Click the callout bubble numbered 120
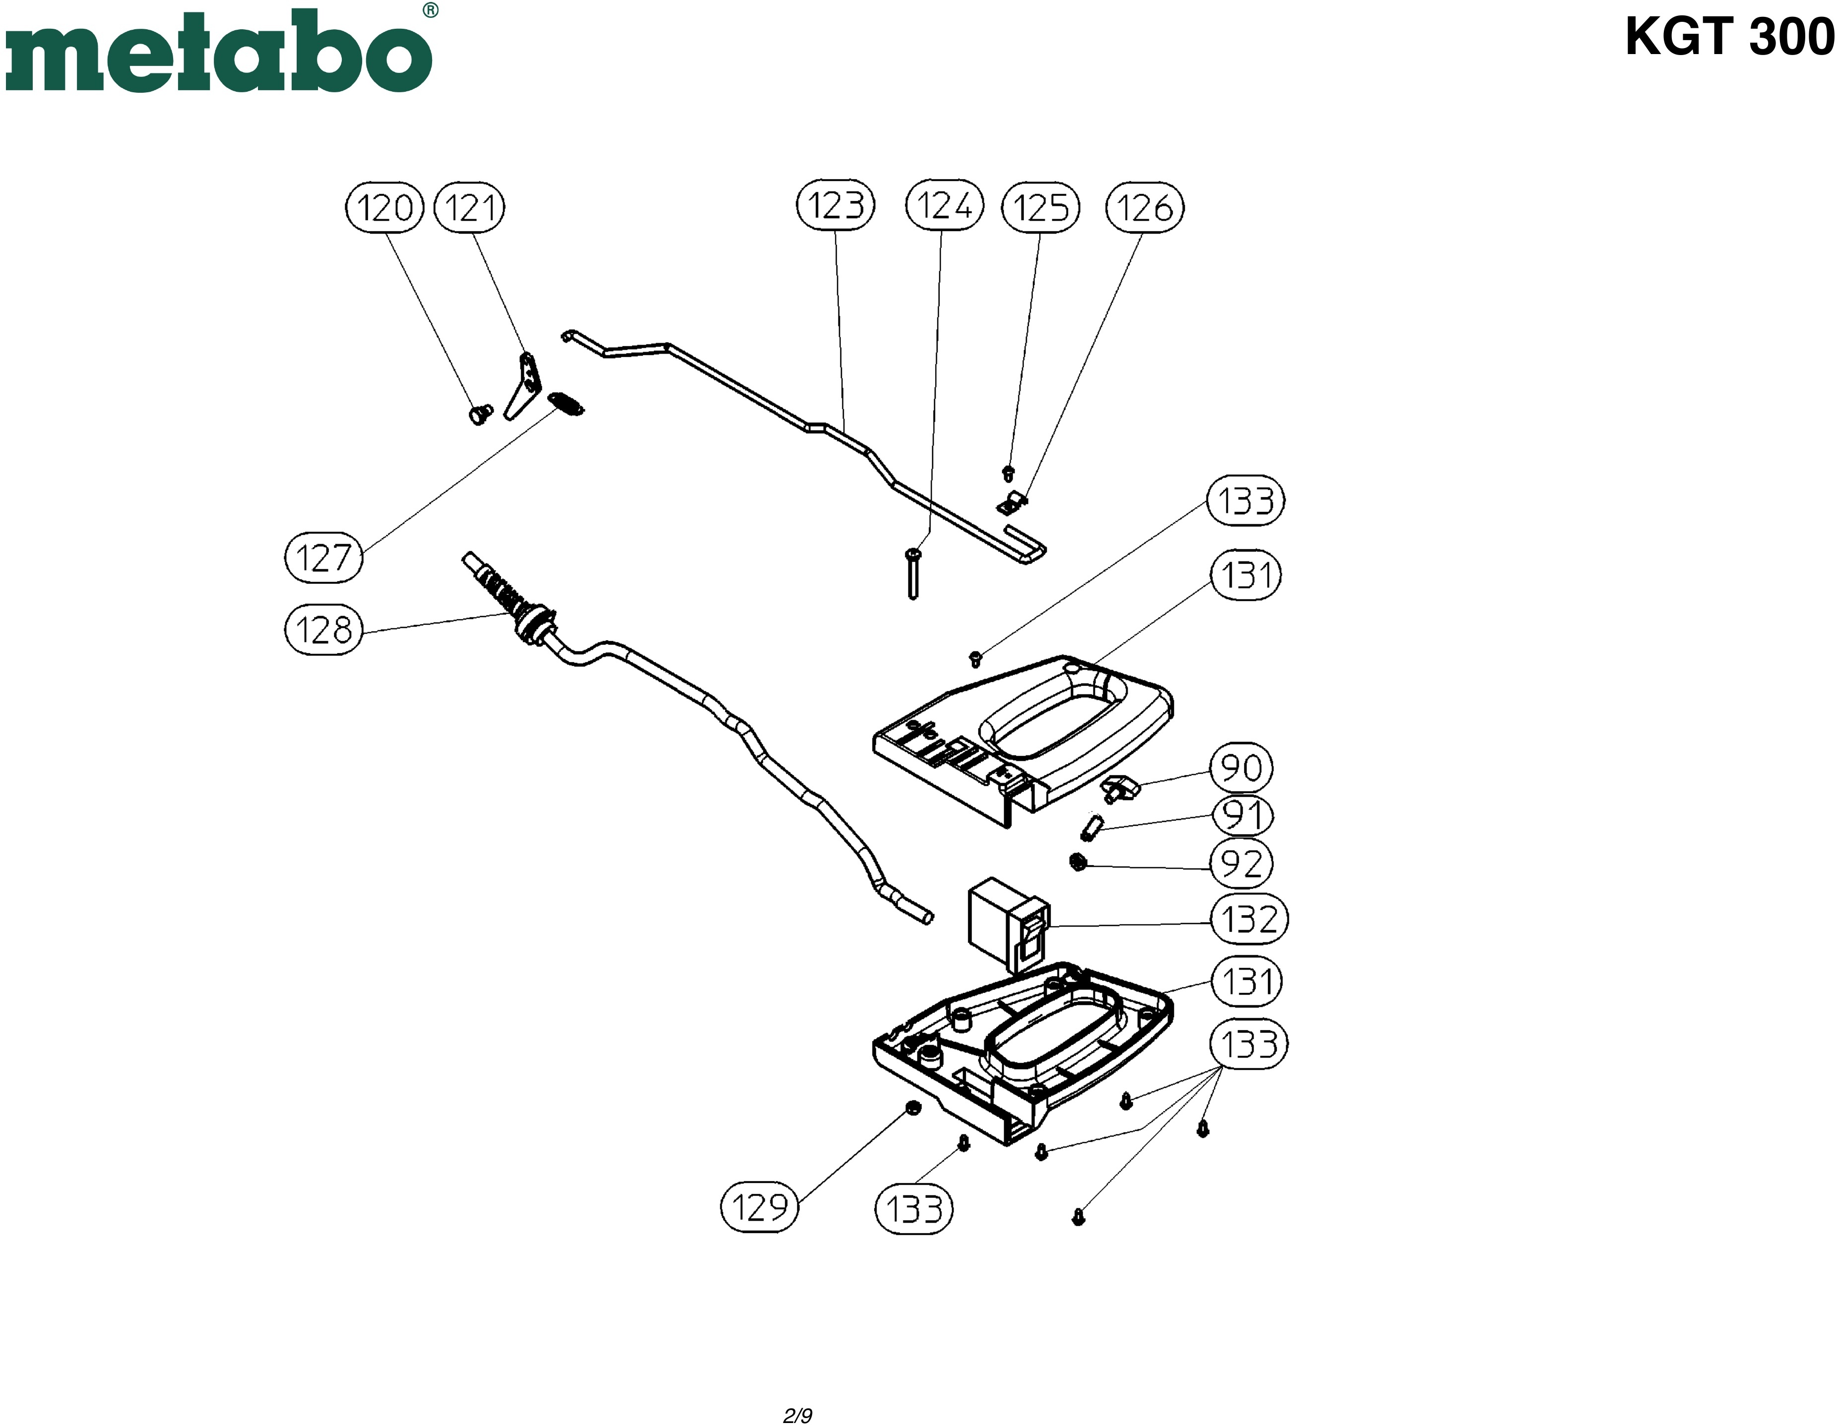[x=384, y=207]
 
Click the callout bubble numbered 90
[x=1241, y=767]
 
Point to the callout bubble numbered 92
[x=1241, y=863]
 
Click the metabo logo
[x=219, y=52]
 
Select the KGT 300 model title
[x=1728, y=37]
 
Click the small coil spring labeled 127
[x=567, y=405]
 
